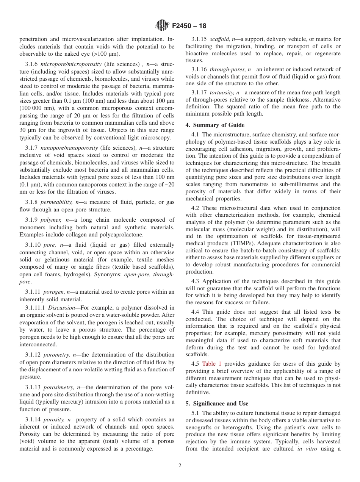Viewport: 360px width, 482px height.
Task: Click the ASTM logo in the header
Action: (x=162, y=26)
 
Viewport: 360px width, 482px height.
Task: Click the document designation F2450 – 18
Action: (x=189, y=27)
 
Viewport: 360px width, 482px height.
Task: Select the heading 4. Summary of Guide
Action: (x=215, y=125)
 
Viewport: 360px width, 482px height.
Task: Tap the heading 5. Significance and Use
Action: (x=217, y=404)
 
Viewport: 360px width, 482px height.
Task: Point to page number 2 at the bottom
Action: (x=180, y=466)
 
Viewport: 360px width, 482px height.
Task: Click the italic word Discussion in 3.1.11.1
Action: (x=62, y=308)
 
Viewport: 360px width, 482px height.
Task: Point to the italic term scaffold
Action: (x=220, y=39)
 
